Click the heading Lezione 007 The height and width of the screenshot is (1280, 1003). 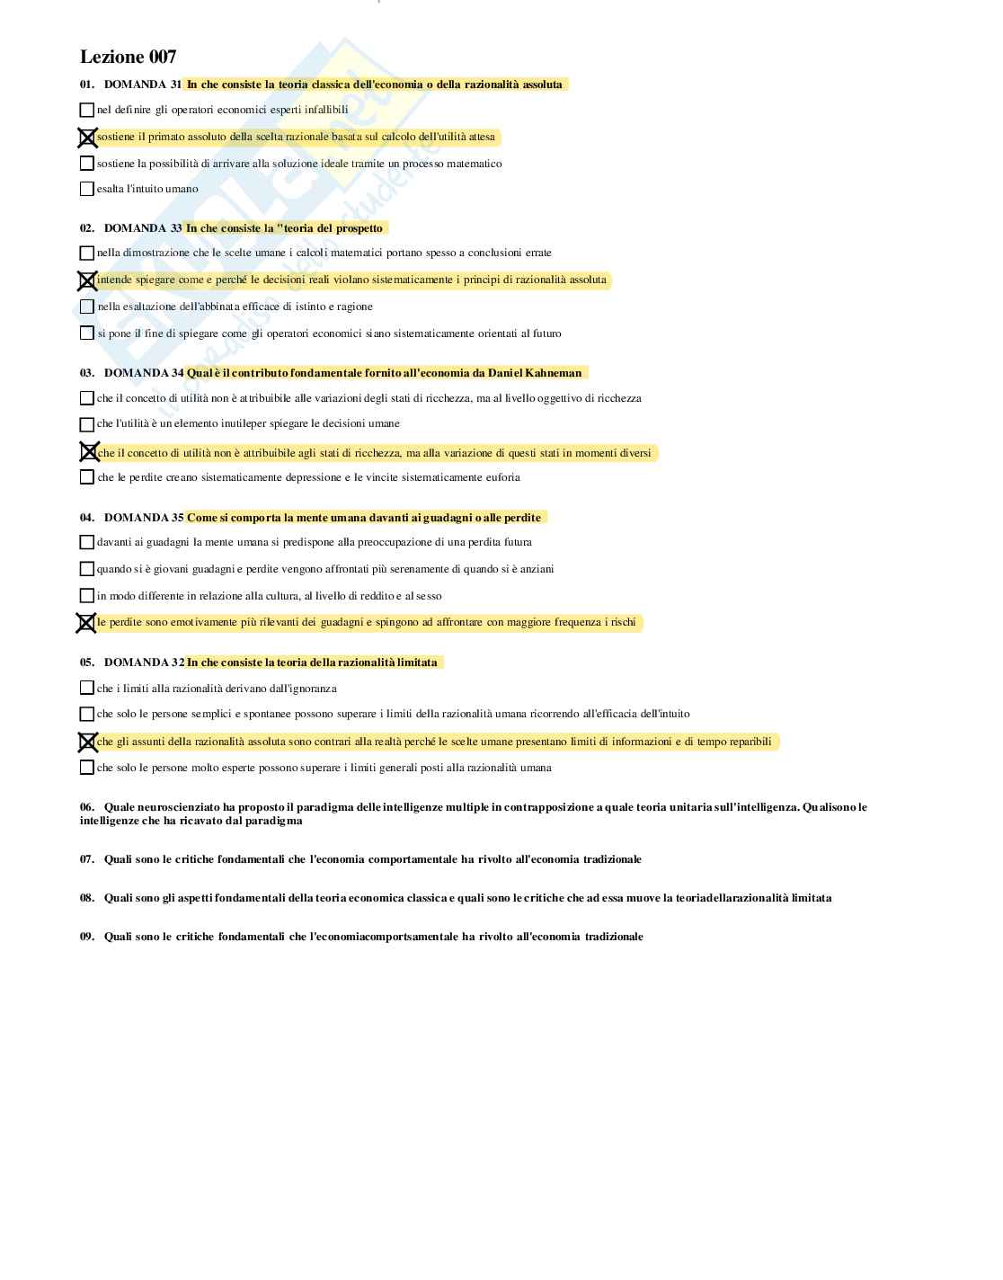[128, 57]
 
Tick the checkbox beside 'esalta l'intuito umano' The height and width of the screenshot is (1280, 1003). [86, 189]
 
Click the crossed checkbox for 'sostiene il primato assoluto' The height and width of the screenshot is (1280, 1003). [87, 138]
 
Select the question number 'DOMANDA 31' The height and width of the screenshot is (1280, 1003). [143, 84]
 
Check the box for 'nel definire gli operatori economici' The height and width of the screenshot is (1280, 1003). [86, 110]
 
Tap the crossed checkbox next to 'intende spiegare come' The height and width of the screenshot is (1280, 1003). [87, 280]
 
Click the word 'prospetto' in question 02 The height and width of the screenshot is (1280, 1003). [359, 228]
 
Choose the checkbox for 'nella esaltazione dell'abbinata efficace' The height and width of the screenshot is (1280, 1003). [86, 307]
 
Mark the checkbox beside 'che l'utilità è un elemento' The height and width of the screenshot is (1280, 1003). [86, 424]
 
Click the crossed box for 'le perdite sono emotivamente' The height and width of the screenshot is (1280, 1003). [86, 623]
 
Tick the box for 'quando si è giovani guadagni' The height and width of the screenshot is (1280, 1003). [86, 569]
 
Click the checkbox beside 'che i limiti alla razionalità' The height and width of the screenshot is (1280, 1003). [86, 689]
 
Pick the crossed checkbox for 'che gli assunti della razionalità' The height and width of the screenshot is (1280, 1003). [87, 742]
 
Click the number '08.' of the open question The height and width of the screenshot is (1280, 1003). [87, 898]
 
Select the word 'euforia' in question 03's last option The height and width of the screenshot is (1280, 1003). [502, 477]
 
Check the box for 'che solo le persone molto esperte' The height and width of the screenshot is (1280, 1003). [86, 768]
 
